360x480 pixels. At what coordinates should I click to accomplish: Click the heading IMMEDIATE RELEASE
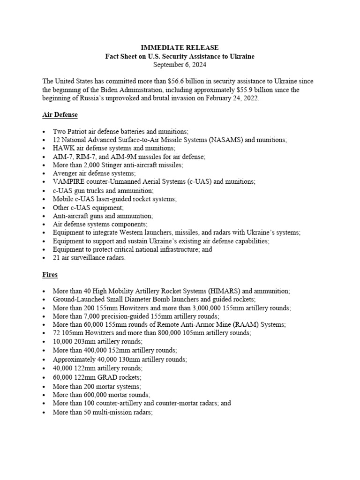(x=180, y=48)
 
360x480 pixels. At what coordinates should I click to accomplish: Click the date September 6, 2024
(x=180, y=64)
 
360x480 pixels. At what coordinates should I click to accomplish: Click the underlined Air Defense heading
(x=60, y=114)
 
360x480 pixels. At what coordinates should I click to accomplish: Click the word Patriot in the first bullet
(x=79, y=132)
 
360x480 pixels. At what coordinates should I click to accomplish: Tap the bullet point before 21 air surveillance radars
(x=44, y=258)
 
